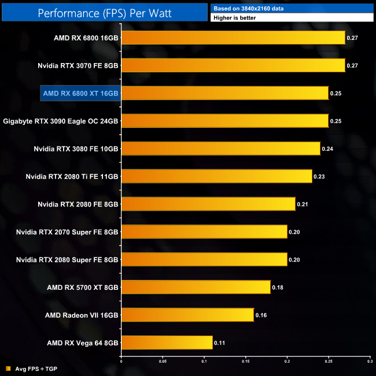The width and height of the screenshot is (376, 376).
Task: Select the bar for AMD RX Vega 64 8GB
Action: (x=167, y=342)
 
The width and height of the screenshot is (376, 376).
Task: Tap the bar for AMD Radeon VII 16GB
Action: (x=187, y=315)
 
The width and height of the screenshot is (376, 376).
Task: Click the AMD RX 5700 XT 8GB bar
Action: (x=196, y=287)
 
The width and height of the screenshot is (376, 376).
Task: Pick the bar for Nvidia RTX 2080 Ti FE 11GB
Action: (x=216, y=176)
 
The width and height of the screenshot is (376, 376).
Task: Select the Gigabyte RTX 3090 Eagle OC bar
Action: (x=225, y=120)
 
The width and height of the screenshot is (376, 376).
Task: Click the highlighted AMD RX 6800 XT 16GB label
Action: (x=80, y=93)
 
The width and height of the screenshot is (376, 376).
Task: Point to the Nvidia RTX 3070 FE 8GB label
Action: (x=78, y=65)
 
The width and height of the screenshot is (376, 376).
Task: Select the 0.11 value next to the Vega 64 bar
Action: (x=219, y=343)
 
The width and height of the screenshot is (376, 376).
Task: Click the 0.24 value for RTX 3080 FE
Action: (x=327, y=149)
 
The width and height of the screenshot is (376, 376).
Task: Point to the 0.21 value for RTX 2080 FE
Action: (x=302, y=204)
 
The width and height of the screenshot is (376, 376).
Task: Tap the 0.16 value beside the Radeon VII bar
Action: (x=261, y=315)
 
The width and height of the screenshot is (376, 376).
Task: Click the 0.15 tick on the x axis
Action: (x=245, y=363)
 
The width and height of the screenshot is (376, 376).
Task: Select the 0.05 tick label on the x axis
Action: (x=163, y=363)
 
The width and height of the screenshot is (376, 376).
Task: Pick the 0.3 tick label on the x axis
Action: (x=369, y=363)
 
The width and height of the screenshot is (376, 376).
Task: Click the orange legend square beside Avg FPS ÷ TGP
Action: (x=8, y=368)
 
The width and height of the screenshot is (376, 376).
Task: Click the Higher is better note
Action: (x=235, y=18)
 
